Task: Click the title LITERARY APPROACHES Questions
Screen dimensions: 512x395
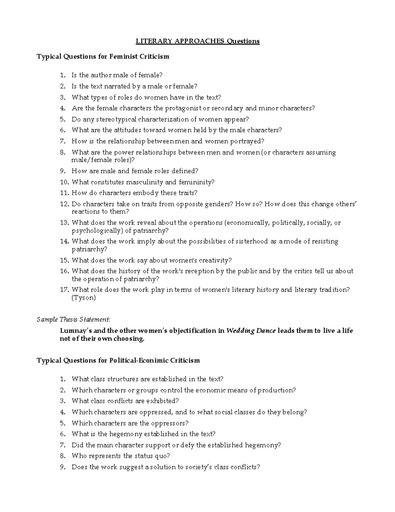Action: pyautogui.click(x=198, y=41)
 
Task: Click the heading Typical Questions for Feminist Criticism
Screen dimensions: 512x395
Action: pyautogui.click(x=103, y=56)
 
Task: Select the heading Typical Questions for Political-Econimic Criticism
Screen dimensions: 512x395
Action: pyautogui.click(x=118, y=360)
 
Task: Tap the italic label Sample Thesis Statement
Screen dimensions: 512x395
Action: pyautogui.click(x=73, y=319)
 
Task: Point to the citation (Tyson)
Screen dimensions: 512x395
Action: pyautogui.click(x=84, y=298)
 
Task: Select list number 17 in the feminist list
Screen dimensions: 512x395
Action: pyautogui.click(x=64, y=290)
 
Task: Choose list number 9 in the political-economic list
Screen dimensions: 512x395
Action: pyautogui.click(x=63, y=467)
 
